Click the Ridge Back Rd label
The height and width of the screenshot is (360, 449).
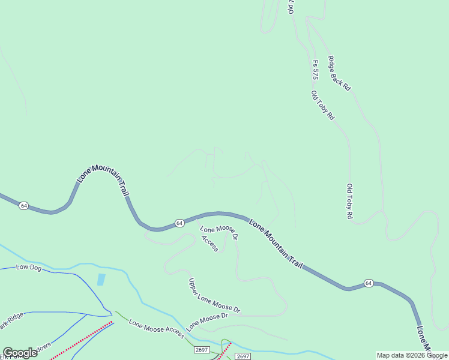tap(339, 73)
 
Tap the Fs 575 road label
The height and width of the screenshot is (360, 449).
tap(315, 70)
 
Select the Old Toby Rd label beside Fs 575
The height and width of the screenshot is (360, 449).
tap(322, 106)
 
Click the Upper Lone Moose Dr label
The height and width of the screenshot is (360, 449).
tap(214, 296)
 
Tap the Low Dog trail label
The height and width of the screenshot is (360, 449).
tap(28, 268)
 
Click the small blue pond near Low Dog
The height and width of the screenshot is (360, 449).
tap(101, 280)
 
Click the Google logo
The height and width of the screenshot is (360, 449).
tap(20, 353)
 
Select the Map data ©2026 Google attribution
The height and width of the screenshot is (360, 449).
tap(412, 355)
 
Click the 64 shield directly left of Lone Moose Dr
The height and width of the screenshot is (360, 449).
tap(179, 223)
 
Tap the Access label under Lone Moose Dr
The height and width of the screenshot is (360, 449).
tap(210, 243)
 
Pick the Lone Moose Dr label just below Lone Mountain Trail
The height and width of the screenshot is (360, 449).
tap(219, 233)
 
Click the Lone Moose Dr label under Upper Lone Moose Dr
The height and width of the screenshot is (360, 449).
tap(207, 322)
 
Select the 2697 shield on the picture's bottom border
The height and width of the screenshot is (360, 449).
tap(243, 356)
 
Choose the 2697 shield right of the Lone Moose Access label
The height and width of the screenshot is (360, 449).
tap(202, 350)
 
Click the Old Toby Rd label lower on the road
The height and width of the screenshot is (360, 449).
tap(349, 201)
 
